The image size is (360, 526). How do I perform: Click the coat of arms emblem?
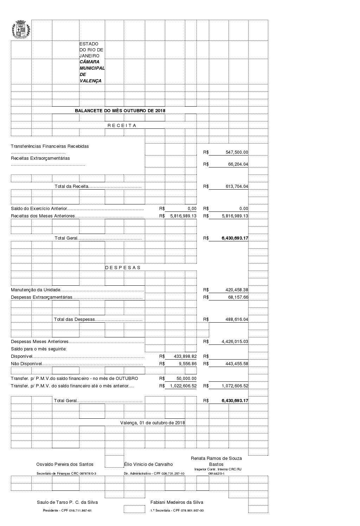click(21, 30)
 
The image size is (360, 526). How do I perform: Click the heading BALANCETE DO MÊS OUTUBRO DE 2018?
click(120, 110)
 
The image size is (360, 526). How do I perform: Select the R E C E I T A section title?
click(122, 125)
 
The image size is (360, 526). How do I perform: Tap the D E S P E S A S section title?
click(123, 267)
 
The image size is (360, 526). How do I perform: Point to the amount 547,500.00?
click(237, 152)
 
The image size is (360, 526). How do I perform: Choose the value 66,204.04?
click(238, 164)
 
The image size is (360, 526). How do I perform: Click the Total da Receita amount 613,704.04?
click(237, 186)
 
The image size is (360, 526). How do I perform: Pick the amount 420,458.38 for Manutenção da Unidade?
click(237, 290)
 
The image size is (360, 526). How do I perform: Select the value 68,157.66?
click(238, 297)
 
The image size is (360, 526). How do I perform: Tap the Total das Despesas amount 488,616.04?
click(237, 319)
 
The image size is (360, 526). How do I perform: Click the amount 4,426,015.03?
click(235, 342)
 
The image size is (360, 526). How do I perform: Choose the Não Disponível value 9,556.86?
click(187, 364)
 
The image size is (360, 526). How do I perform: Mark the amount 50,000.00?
click(186, 379)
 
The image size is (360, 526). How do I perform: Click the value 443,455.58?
click(237, 364)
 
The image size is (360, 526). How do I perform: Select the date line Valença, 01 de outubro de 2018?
click(152, 423)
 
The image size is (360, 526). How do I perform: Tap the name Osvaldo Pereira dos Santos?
click(65, 464)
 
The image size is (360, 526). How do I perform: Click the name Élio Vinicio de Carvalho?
click(148, 464)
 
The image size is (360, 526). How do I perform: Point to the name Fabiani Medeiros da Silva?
click(176, 502)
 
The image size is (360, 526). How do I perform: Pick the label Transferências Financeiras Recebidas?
click(50, 146)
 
